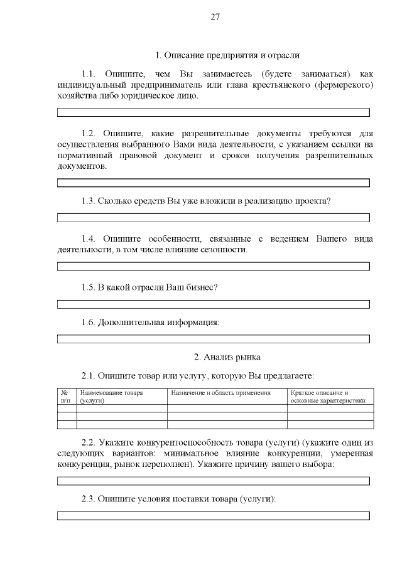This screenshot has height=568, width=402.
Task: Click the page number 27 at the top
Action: click(214, 17)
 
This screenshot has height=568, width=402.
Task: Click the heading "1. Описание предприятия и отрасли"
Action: click(227, 55)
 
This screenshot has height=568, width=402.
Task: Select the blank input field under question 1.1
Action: click(214, 112)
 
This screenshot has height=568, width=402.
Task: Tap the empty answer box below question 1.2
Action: click(214, 183)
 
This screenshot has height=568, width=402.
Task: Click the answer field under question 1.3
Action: click(214, 217)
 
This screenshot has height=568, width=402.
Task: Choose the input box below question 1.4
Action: click(214, 266)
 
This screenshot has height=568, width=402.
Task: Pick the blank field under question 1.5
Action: click(214, 304)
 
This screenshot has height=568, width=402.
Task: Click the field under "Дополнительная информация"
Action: click(214, 339)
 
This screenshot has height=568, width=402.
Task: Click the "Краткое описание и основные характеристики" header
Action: click(330, 396)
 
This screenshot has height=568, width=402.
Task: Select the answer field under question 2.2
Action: click(214, 481)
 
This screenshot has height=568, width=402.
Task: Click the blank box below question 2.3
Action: click(214, 515)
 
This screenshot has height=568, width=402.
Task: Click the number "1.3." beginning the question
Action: click(88, 201)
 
